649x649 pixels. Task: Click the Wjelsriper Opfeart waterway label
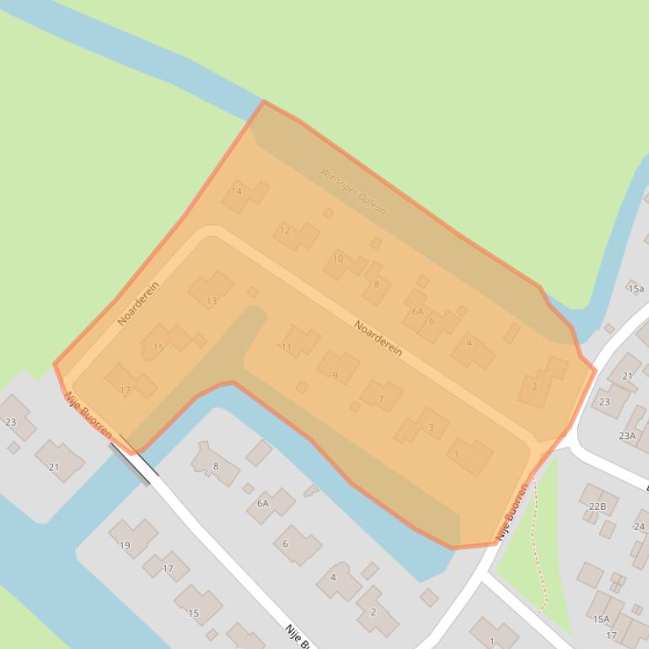354,190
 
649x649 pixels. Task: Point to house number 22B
598,506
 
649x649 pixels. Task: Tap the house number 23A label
627,436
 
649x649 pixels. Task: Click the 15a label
636,288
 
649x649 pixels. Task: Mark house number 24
638,527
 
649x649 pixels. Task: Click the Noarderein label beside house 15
138,303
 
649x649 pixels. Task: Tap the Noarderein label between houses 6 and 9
378,337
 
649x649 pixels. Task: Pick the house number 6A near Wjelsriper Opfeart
417,312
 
